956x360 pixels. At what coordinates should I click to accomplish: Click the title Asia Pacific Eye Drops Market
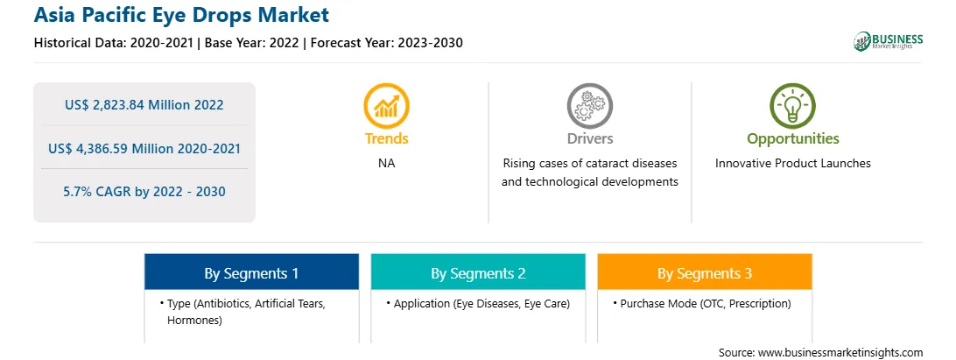coord(181,15)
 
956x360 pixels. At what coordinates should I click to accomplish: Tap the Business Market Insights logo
coord(888,41)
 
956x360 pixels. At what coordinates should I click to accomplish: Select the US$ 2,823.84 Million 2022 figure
coord(144,104)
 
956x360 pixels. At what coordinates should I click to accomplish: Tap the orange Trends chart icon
coord(387,106)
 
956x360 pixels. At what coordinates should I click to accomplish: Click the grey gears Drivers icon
coord(589,106)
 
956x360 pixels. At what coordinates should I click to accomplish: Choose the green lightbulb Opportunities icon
coord(792,106)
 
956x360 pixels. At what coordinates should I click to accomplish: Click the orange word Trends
coord(387,138)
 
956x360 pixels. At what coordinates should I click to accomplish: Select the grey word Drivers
coord(589,138)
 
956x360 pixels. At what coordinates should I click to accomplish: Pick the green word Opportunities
coord(792,139)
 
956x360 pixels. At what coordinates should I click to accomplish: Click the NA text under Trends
coord(387,164)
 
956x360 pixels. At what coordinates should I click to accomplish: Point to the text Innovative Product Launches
coord(792,164)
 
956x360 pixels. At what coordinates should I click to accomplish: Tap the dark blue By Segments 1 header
coord(251,272)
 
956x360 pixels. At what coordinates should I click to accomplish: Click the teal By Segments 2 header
coord(478,272)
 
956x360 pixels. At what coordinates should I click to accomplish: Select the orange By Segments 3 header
coord(705,272)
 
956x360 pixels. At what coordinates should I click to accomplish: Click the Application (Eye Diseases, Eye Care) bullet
coord(479,303)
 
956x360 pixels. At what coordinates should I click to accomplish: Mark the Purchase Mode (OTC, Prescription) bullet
coord(702,303)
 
